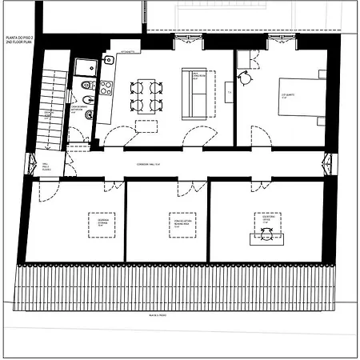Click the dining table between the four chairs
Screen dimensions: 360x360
146,95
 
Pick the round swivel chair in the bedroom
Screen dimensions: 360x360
243,79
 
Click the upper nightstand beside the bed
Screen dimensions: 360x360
322,74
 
